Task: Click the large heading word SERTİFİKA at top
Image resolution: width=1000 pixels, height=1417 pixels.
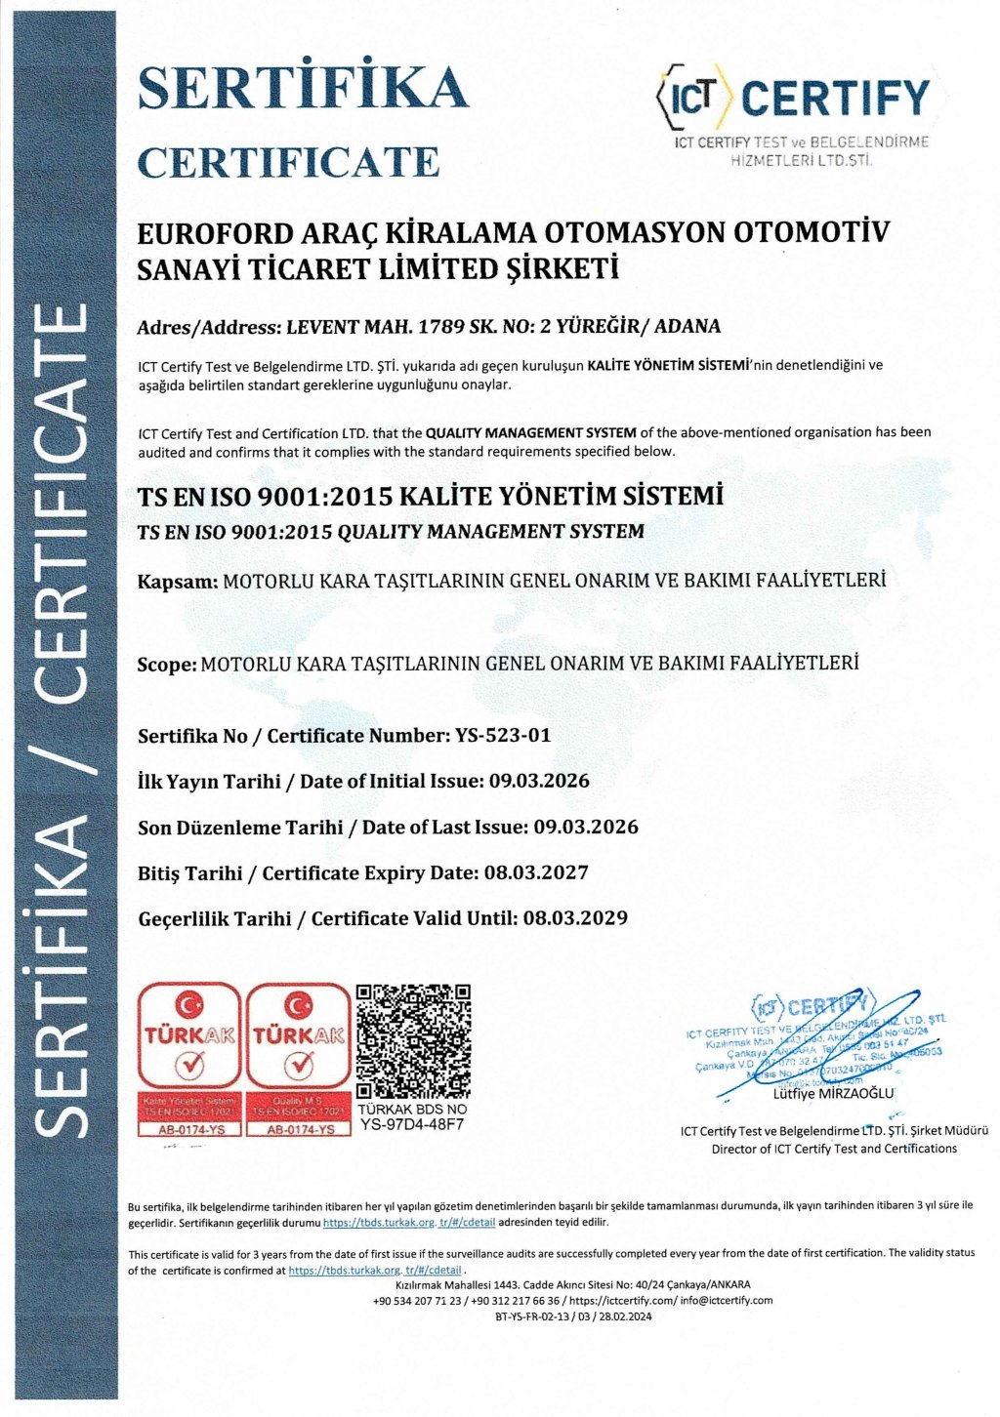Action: click(x=303, y=89)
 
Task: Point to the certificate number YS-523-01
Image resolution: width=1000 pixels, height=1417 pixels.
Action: click(x=503, y=736)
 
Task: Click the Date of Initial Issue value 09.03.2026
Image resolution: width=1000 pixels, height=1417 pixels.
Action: click(x=540, y=782)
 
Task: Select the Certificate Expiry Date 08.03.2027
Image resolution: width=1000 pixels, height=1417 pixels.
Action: click(x=536, y=873)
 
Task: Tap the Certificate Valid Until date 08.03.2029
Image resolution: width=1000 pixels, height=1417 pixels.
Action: click(x=575, y=918)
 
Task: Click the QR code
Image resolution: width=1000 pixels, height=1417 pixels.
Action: click(x=413, y=1041)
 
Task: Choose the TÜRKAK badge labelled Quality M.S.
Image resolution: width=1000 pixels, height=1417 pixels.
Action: click(x=298, y=1059)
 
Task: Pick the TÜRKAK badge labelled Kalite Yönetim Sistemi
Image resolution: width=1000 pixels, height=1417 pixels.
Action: click(x=189, y=1059)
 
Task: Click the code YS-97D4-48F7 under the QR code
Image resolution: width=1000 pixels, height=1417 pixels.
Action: click(x=412, y=1123)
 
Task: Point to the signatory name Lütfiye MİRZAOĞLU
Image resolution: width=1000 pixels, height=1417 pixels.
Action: click(x=833, y=1094)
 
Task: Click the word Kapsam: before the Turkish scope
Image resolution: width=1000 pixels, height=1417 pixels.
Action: click(x=178, y=582)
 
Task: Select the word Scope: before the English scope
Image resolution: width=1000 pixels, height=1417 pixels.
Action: click(x=167, y=666)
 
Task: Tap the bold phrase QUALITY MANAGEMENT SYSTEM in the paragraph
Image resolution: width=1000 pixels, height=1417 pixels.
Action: click(x=531, y=432)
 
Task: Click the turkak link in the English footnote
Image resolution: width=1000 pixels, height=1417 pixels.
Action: click(x=375, y=1271)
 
